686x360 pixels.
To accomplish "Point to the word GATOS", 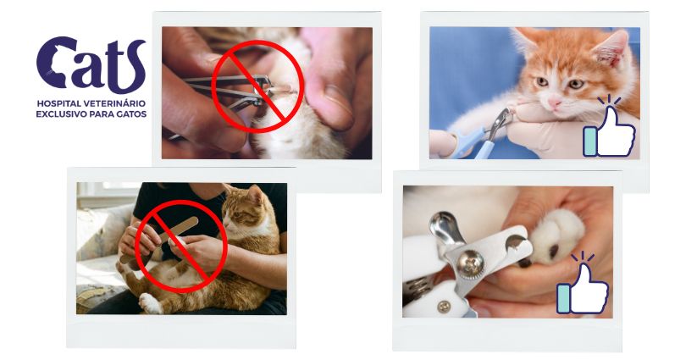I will click(x=130, y=113).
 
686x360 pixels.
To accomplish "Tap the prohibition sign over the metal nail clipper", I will click(x=257, y=87).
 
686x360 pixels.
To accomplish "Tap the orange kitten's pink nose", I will click(x=556, y=99).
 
